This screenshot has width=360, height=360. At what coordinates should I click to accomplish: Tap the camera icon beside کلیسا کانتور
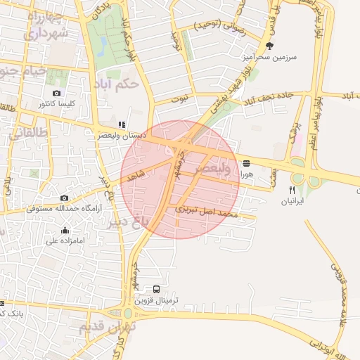coord(57,93)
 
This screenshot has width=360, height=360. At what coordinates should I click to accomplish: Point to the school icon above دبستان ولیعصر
coord(122,125)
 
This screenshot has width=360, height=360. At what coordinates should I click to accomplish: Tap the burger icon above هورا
coord(246,164)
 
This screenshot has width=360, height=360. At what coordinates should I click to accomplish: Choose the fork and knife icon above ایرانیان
coord(292,190)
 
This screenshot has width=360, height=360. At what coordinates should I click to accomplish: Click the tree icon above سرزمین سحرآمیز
coord(269,46)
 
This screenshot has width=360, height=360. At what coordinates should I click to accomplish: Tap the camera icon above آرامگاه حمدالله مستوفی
coord(65,199)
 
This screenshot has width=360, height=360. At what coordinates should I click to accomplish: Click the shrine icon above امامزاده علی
coord(65,230)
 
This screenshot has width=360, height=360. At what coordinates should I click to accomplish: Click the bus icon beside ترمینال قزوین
coord(156,289)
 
